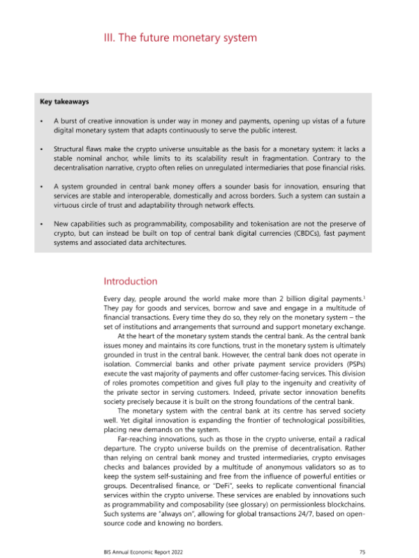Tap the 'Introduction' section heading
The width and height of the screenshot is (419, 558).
(130, 281)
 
